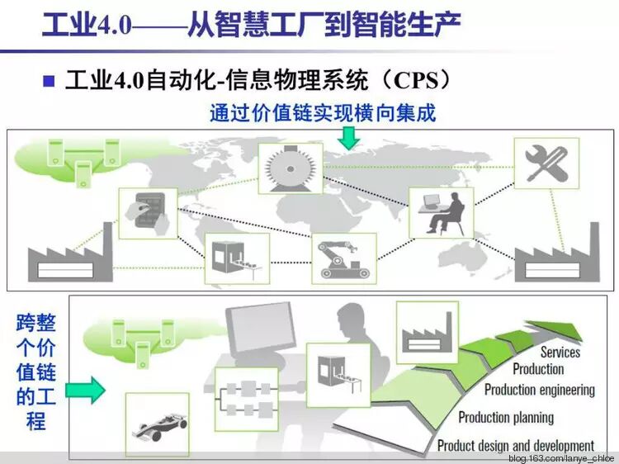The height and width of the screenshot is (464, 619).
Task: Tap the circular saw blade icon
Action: [290, 168]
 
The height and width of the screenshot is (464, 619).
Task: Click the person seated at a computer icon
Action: [442, 212]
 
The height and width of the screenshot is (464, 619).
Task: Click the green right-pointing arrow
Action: [86, 386]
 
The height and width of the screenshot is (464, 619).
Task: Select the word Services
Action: [560, 353]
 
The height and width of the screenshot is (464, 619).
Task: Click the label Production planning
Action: [506, 418]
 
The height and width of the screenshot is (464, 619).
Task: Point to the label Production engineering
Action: [539, 389]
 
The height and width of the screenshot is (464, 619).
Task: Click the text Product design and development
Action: [516, 446]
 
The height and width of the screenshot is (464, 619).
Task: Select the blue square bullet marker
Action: [48, 81]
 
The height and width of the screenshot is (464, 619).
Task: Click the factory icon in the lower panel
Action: [428, 332]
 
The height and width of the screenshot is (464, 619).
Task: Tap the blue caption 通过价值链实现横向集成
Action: [323, 112]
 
